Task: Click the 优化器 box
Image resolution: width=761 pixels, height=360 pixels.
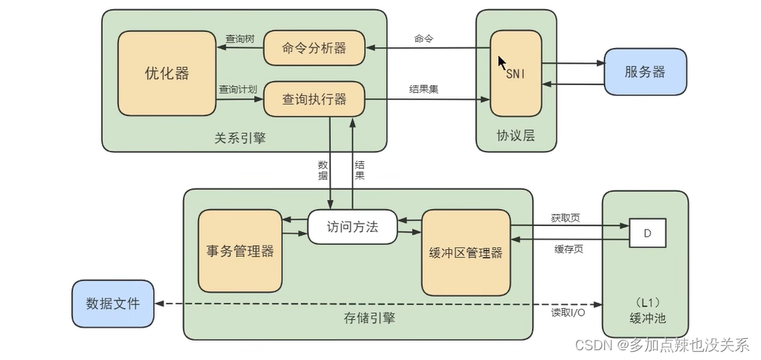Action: tap(167, 73)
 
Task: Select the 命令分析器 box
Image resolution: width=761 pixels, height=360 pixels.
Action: tap(314, 48)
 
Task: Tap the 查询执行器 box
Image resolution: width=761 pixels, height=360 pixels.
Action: tap(314, 99)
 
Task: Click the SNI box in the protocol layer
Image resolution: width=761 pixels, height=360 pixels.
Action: tap(515, 74)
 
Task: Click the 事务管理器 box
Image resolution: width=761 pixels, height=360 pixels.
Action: tap(240, 251)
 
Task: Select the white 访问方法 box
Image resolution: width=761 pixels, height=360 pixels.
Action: tap(352, 227)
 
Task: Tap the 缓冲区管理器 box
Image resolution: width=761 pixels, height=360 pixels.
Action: tap(466, 252)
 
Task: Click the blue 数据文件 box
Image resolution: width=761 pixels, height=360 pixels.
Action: tap(112, 304)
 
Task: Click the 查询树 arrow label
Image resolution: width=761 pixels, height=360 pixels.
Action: tap(239, 38)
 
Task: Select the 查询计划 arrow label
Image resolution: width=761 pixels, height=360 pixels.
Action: tap(238, 89)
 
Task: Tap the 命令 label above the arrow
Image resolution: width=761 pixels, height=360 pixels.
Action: tap(423, 38)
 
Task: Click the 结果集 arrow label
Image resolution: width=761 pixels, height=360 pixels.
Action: tap(423, 89)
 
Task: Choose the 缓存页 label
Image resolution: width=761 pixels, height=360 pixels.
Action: tap(568, 249)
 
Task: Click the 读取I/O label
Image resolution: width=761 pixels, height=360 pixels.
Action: tap(568, 312)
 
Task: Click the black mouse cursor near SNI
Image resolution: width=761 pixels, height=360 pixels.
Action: tap(503, 63)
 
